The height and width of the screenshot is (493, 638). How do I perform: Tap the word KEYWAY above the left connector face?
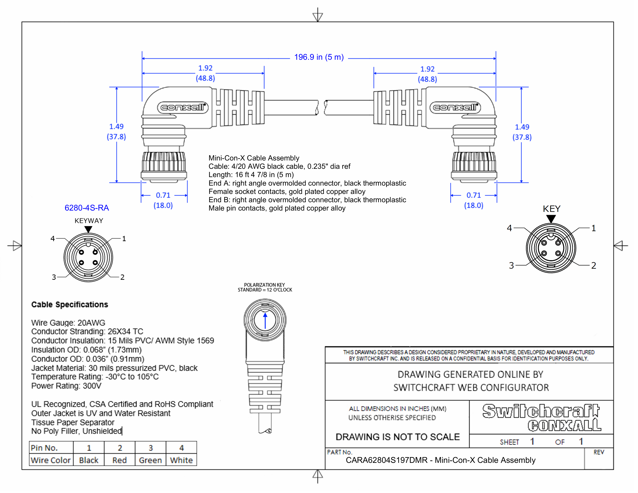tap(89, 221)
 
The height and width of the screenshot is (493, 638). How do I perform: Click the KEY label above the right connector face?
tap(551, 209)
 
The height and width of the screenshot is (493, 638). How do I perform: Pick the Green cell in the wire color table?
tap(150, 460)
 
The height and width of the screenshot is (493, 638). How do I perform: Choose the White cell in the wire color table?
tap(181, 460)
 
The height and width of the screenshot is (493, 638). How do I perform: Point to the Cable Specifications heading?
tap(70, 305)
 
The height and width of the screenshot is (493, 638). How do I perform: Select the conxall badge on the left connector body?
tap(183, 107)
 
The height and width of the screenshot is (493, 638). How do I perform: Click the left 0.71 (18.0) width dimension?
tap(163, 200)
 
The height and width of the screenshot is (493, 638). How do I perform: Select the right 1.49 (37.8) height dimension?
tap(522, 132)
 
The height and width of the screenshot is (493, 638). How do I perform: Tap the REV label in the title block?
tap(599, 452)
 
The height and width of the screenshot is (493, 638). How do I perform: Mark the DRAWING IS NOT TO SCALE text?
tap(397, 437)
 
